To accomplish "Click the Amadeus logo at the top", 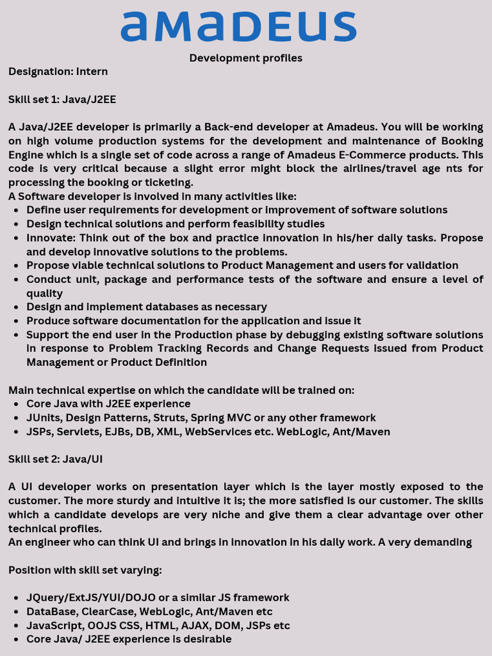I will pyautogui.click(x=238, y=26).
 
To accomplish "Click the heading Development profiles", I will pyautogui.click(x=245, y=58).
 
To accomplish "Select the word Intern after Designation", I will pyautogui.click(x=92, y=72).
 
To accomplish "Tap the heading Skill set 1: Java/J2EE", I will pyautogui.click(x=62, y=99).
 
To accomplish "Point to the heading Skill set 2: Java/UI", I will pyautogui.click(x=56, y=459).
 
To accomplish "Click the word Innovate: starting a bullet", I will pyautogui.click(x=49, y=238).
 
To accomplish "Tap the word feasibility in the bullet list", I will pyautogui.click(x=263, y=224).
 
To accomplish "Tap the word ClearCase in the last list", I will pyautogui.click(x=108, y=612).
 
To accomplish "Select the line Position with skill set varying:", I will pyautogui.click(x=85, y=570).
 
